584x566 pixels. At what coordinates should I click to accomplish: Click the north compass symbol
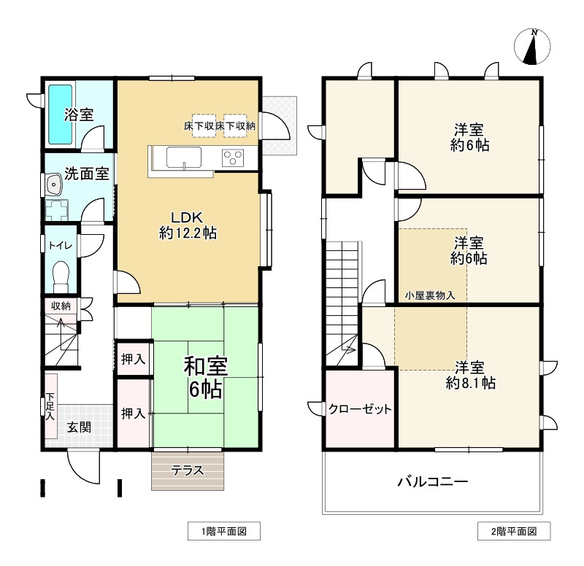532,47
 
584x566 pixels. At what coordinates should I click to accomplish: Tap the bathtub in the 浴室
61,115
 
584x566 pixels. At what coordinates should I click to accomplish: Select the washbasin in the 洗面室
54,185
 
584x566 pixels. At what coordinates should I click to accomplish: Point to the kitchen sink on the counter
184,158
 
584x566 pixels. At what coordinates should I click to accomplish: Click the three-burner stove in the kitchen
233,158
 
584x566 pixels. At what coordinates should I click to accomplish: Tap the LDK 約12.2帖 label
188,225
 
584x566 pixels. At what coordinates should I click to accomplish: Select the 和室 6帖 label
206,377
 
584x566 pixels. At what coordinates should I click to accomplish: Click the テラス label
188,470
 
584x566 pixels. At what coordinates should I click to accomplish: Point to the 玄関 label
79,427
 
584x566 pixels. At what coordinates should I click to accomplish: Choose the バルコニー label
432,482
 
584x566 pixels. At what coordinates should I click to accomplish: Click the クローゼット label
360,409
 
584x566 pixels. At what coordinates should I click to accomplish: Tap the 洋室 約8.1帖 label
470,375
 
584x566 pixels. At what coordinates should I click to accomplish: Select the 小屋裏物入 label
430,295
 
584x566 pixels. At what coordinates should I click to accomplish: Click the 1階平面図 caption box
224,531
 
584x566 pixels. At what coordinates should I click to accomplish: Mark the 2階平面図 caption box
514,531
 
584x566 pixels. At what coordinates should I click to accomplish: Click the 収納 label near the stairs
61,306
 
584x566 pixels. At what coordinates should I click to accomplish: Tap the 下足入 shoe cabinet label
50,406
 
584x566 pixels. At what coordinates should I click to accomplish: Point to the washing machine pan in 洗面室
57,210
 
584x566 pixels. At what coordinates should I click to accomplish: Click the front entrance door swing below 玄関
83,468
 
